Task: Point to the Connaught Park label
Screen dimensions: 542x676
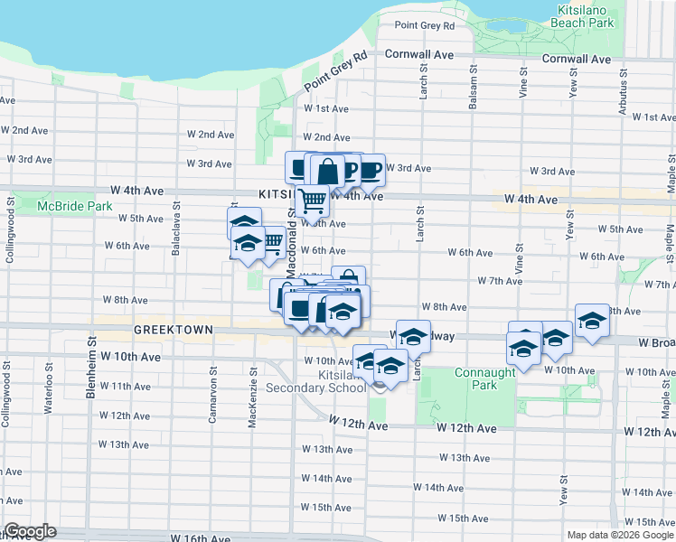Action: [x=476, y=378]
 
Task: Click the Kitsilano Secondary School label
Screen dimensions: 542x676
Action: [x=317, y=381]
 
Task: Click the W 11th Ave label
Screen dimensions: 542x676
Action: [x=125, y=386]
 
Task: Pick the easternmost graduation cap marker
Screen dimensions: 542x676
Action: [x=592, y=322]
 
